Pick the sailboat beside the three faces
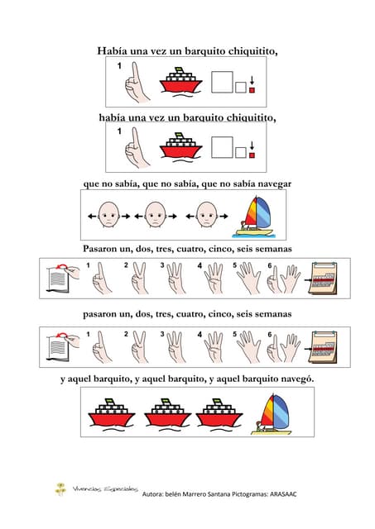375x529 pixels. click(x=255, y=215)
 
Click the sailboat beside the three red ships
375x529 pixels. click(x=272, y=414)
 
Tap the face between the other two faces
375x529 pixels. click(x=155, y=215)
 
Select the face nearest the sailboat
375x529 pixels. click(x=207, y=215)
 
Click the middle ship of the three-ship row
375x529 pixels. click(x=167, y=415)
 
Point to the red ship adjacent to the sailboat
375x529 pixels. click(x=219, y=415)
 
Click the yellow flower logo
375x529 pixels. click(x=60, y=489)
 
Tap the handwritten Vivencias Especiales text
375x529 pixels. click(x=105, y=488)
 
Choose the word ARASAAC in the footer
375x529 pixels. click(x=283, y=494)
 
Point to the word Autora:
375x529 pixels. click(x=152, y=494)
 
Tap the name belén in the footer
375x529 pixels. click(x=173, y=494)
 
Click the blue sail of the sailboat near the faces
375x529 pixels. click(x=263, y=212)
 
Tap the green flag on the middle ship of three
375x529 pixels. click(x=166, y=401)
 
